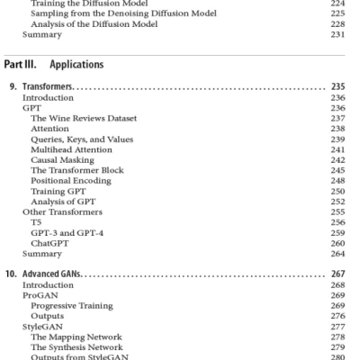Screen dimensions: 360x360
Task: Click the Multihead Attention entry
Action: [71, 149]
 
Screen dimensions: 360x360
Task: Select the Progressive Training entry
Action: [71, 306]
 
